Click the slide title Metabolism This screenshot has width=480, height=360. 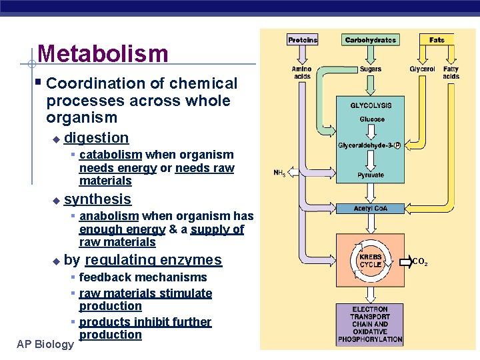[x=103, y=53]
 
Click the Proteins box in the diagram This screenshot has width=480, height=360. [x=303, y=40]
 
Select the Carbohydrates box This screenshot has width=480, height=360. [x=370, y=40]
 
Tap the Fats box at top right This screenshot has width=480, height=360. [x=437, y=40]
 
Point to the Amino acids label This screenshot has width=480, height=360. [x=302, y=73]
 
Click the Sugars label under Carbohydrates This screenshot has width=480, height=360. [x=371, y=69]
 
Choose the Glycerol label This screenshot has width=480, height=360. [x=422, y=69]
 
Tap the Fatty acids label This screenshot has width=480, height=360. [x=451, y=73]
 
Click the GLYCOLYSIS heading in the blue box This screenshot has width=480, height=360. [x=371, y=105]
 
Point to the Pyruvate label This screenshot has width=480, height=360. [x=370, y=175]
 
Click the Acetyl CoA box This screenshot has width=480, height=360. [x=370, y=209]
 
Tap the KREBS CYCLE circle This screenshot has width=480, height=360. [x=370, y=261]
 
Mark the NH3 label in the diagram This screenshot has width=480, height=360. [x=279, y=173]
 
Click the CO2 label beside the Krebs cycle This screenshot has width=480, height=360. [x=419, y=262]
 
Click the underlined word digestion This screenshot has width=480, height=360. [x=96, y=138]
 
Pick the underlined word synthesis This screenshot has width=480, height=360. [x=97, y=199]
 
